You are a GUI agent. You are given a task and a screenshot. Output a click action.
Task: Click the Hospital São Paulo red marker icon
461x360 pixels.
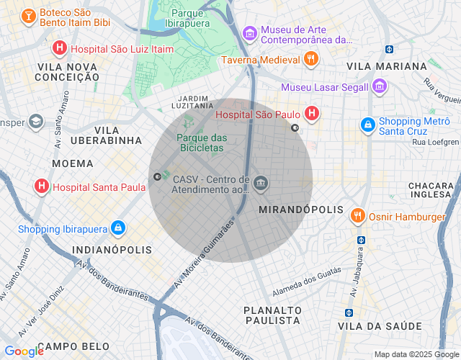(312, 113)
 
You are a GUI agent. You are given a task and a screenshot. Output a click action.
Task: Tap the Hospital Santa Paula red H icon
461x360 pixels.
(42, 187)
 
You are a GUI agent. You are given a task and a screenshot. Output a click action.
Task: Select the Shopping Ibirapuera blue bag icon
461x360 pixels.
(117, 229)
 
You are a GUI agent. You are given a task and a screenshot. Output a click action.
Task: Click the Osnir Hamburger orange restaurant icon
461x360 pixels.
(357, 216)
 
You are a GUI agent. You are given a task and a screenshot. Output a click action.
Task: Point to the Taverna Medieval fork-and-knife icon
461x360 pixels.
(311, 60)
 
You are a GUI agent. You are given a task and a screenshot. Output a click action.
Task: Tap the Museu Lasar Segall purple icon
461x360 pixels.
(380, 87)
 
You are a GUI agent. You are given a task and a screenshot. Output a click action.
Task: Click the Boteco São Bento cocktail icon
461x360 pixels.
(28, 17)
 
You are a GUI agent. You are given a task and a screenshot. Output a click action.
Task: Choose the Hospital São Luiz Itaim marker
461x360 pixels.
(61, 49)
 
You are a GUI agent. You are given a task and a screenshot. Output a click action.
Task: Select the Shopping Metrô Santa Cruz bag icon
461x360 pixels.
(368, 125)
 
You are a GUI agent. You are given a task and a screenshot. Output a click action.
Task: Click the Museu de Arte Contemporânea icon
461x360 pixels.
(249, 33)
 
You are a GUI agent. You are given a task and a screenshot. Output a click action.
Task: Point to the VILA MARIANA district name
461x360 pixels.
(386, 66)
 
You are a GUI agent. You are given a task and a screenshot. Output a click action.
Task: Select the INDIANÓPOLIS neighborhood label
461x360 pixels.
(112, 250)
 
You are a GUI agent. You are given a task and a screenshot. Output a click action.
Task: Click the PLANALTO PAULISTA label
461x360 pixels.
(272, 315)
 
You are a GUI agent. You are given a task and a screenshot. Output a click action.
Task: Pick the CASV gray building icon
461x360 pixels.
(261, 184)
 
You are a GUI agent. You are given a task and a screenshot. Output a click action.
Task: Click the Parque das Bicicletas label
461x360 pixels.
(202, 143)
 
